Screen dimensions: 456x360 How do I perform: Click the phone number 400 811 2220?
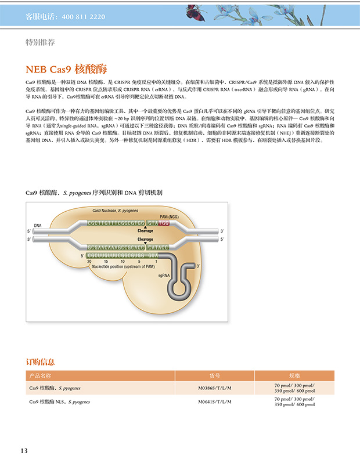82,17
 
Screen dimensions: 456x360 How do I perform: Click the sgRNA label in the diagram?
164,276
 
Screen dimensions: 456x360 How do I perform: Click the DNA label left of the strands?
38,225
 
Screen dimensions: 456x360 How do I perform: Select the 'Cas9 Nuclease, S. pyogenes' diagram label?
116,209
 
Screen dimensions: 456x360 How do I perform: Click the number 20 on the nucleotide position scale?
89,261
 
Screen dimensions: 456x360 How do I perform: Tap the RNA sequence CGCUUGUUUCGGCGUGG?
116,255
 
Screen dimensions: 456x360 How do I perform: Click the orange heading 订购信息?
41,361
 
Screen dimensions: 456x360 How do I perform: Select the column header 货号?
215,375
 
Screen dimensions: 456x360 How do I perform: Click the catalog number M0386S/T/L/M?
215,388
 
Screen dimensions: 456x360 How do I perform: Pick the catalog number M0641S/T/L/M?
215,401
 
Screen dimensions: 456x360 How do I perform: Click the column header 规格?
294,375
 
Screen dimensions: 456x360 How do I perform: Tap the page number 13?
24,450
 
